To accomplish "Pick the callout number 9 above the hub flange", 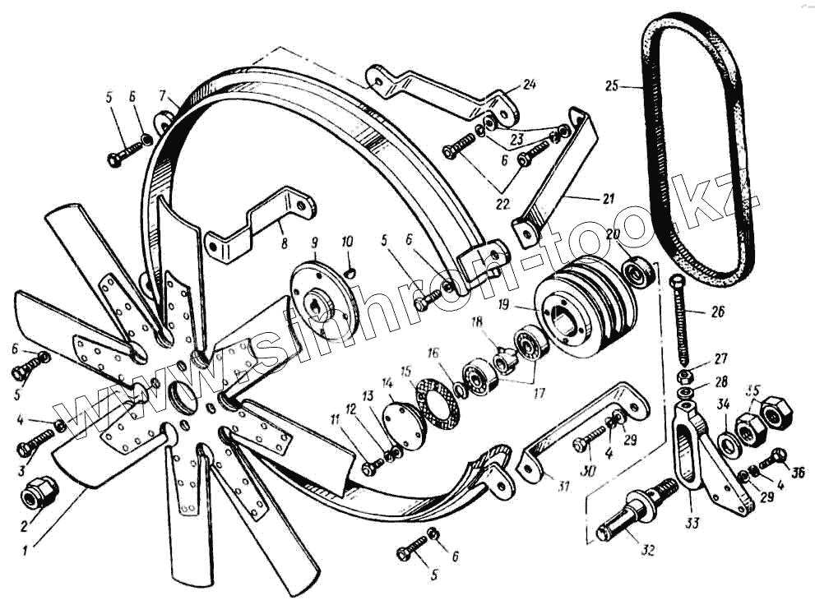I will (x=313, y=243).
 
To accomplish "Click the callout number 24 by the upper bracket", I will (x=529, y=84).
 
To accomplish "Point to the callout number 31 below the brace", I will (x=563, y=486).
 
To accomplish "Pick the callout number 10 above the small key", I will (x=347, y=241).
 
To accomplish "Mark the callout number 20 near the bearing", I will (x=612, y=234).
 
